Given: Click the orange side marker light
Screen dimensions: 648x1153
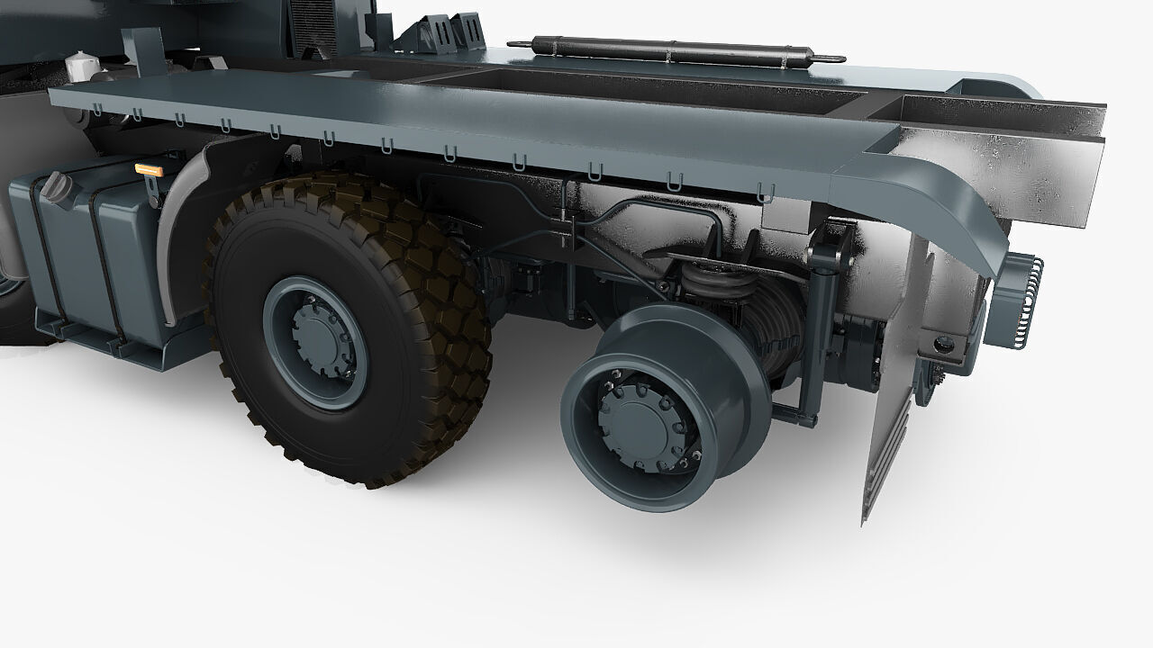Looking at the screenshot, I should click(x=148, y=169).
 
